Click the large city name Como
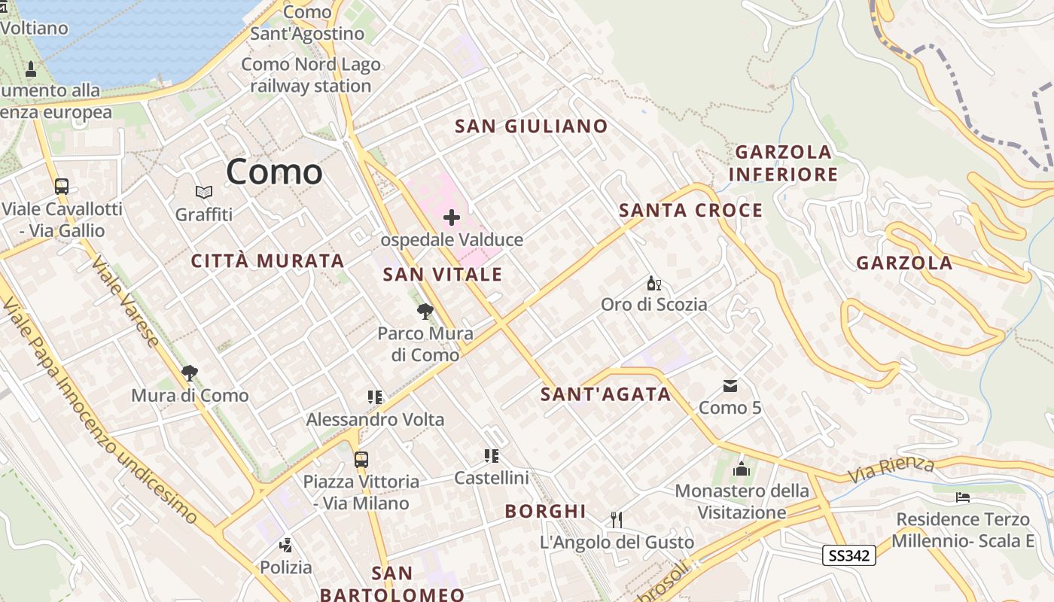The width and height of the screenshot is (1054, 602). coord(274,172)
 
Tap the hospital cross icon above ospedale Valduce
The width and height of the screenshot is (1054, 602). coord(452,218)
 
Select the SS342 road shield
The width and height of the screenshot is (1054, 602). coord(849,556)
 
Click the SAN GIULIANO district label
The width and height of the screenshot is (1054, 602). coord(531,126)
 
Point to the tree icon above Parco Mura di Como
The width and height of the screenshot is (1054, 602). coord(425,311)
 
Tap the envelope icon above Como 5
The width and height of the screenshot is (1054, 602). coord(730,386)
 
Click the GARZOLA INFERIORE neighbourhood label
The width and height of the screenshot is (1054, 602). coord(783,163)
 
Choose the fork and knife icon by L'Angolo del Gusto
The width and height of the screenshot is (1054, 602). coord(617,519)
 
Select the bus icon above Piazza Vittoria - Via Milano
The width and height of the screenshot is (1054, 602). coord(361,459)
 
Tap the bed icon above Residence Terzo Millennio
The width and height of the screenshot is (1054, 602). coord(962,497)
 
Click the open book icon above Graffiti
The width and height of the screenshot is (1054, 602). coord(203,193)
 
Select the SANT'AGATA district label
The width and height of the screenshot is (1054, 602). coord(605,394)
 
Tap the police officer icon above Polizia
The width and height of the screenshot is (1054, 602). coord(285,545)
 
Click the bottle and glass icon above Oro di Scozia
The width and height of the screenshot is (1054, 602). coord(653,284)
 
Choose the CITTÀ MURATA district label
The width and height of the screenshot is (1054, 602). coord(267,261)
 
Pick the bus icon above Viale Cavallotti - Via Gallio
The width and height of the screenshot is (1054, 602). coord(62,186)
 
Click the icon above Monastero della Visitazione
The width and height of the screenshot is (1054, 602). coord(742,469)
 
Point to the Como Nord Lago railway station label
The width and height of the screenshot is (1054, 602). coord(311,75)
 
